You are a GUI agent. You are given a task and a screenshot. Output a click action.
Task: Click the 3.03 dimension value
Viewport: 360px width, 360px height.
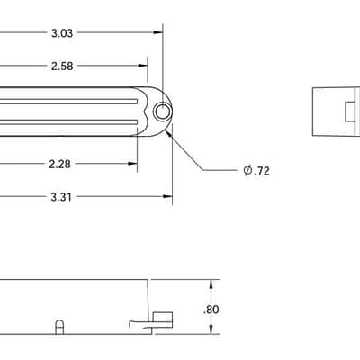[62, 33]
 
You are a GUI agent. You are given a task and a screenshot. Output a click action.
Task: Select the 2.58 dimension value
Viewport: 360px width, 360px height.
[62, 66]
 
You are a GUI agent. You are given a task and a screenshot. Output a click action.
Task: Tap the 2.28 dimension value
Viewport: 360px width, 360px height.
[60, 164]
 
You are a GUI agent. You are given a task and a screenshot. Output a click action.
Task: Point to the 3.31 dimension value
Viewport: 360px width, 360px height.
[61, 197]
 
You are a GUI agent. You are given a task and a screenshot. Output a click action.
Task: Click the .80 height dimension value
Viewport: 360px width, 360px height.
[211, 310]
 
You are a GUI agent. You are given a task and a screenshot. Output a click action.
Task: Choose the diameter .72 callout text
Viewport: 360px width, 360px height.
[256, 171]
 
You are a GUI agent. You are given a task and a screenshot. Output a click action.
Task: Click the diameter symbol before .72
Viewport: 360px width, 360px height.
[247, 171]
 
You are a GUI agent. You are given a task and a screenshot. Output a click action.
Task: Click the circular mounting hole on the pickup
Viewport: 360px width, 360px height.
[163, 112]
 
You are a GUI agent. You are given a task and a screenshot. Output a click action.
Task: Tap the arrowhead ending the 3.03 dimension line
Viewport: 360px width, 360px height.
[158, 32]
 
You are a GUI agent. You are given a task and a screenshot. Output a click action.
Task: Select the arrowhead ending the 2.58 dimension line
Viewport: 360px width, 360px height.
[143, 66]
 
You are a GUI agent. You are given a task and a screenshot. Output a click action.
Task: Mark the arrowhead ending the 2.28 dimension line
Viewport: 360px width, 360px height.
[132, 164]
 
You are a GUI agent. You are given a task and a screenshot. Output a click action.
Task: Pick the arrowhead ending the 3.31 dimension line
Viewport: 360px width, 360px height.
[167, 196]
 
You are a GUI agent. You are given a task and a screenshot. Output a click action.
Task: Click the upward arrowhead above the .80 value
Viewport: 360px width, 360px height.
[211, 284]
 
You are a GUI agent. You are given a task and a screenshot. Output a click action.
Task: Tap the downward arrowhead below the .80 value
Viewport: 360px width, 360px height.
[211, 329]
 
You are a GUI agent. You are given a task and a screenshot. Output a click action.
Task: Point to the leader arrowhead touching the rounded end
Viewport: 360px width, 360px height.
[169, 133]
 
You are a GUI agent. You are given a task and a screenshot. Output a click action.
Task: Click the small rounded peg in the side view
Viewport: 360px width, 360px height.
[59, 327]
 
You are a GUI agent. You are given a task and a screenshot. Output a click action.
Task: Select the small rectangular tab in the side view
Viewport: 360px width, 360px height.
[163, 319]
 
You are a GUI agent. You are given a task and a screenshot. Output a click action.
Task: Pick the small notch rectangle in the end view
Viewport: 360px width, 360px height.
[349, 112]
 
